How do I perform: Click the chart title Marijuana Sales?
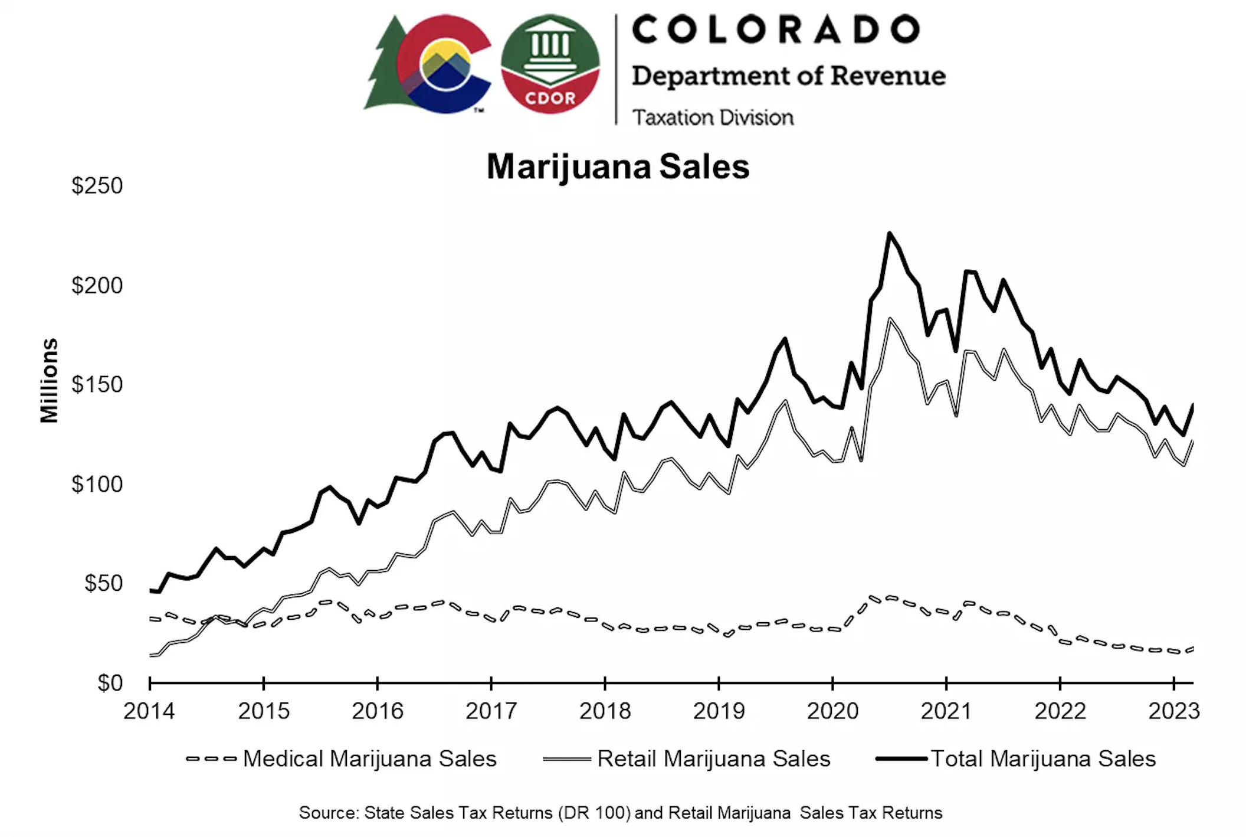(617, 166)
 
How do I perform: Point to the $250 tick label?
(97, 186)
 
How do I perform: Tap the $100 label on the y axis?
(97, 484)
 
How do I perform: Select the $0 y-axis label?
(110, 683)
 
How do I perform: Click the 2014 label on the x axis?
(149, 711)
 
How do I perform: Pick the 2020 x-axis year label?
(832, 711)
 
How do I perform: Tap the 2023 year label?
(1173, 711)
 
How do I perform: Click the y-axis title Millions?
(50, 381)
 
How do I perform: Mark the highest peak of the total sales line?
(890, 234)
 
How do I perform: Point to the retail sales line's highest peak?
(890, 320)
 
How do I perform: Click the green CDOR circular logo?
(550, 64)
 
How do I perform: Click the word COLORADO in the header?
(776, 30)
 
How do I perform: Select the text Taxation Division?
(713, 117)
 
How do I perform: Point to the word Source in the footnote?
(329, 813)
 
